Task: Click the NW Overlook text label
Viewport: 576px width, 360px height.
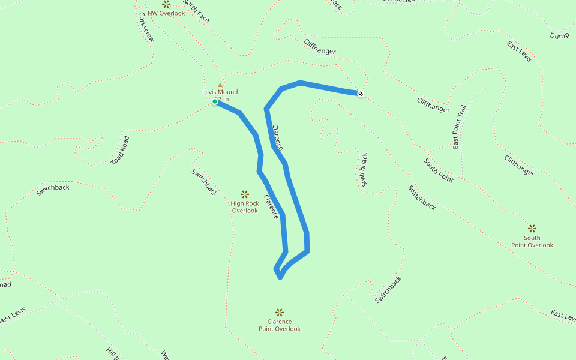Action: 166,13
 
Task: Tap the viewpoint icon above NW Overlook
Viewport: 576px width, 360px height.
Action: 166,4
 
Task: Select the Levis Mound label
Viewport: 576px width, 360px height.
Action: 220,92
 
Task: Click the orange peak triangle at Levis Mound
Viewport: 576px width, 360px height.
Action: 220,85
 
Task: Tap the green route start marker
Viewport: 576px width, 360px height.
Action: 214,101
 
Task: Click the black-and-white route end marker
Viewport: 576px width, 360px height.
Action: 360,94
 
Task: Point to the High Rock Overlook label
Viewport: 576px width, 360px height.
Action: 245,207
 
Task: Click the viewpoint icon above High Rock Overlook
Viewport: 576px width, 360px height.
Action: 245,194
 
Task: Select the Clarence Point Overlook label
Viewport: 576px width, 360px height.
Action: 280,325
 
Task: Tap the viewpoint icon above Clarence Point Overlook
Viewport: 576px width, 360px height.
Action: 280,312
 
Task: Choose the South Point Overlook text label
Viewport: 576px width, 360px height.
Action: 532,241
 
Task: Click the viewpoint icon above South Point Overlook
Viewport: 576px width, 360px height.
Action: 532,228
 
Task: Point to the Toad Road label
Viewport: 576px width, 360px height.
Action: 120,151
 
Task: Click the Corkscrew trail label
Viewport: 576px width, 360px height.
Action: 146,27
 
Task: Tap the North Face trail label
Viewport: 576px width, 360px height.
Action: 196,11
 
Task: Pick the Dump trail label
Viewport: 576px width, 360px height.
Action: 559,35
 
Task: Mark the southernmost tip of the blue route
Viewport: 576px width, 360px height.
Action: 280,277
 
